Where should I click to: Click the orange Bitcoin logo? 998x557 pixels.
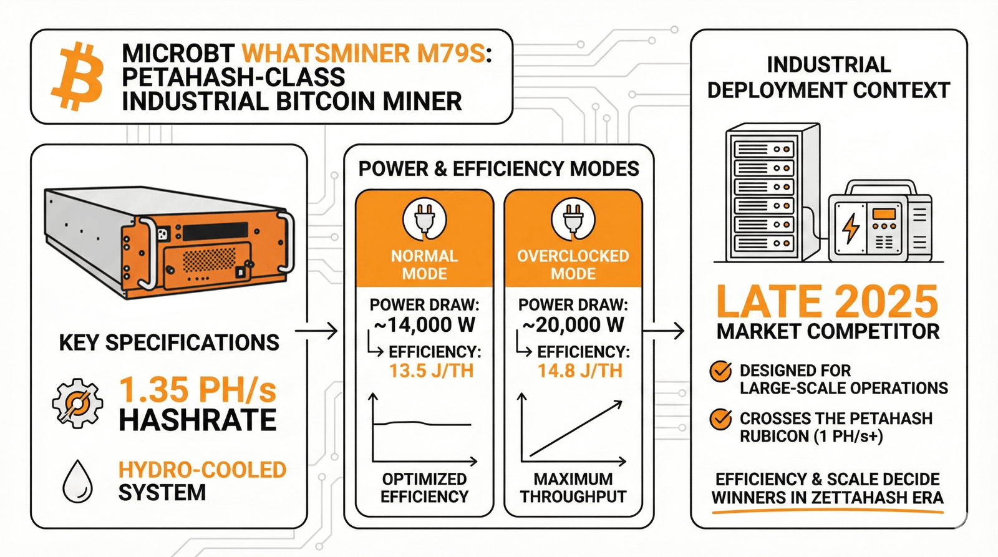(x=77, y=77)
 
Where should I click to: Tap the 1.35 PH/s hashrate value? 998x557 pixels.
(x=197, y=390)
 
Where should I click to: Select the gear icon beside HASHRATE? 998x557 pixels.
(x=77, y=403)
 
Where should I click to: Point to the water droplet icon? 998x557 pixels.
(x=78, y=482)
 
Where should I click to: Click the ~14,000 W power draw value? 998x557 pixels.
(x=424, y=325)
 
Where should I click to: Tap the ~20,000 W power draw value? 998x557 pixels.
(x=573, y=325)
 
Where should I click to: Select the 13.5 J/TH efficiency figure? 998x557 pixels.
(x=432, y=371)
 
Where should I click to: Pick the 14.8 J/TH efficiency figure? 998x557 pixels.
(x=580, y=371)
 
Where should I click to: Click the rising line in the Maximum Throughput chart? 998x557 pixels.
(x=576, y=430)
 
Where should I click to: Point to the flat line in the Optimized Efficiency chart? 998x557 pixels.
(x=424, y=424)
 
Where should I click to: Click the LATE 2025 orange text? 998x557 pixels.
(x=827, y=303)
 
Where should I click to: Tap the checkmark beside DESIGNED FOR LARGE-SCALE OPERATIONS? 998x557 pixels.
(x=721, y=372)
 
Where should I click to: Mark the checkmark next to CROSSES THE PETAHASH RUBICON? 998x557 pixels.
(x=721, y=419)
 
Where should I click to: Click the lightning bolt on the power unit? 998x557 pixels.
(x=850, y=228)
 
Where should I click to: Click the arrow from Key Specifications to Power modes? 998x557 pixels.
(x=316, y=331)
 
